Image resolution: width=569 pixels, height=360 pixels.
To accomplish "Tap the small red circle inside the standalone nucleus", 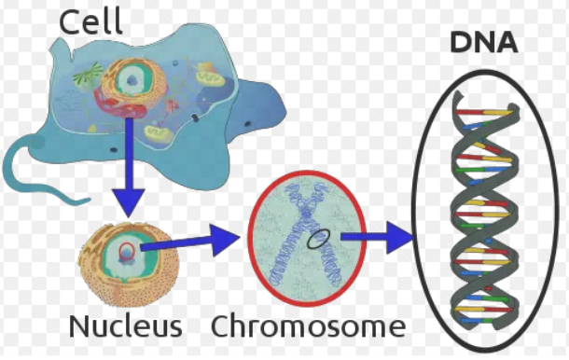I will pos(127,251).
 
